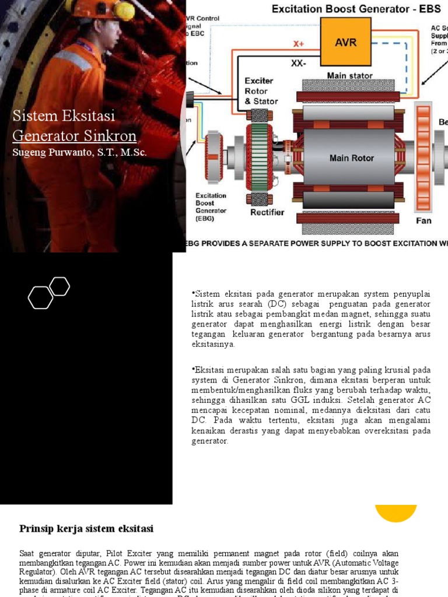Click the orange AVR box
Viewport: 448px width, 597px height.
[x=345, y=41]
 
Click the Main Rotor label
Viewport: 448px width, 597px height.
[x=351, y=158]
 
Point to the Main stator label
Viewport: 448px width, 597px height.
[x=349, y=76]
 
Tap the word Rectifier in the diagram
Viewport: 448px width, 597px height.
[x=267, y=212]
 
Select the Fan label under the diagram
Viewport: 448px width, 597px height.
[x=423, y=220]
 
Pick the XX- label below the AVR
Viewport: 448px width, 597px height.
[x=298, y=63]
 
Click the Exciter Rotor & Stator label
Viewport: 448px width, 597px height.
[x=261, y=91]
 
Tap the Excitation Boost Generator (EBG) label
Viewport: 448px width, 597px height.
[x=211, y=207]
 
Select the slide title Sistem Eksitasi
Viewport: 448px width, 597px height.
[x=64, y=116]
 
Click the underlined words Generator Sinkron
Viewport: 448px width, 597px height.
[x=74, y=136]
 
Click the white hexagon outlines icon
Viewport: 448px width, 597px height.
[x=49, y=293]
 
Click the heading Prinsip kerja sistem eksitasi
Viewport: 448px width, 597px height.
[x=86, y=529]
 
